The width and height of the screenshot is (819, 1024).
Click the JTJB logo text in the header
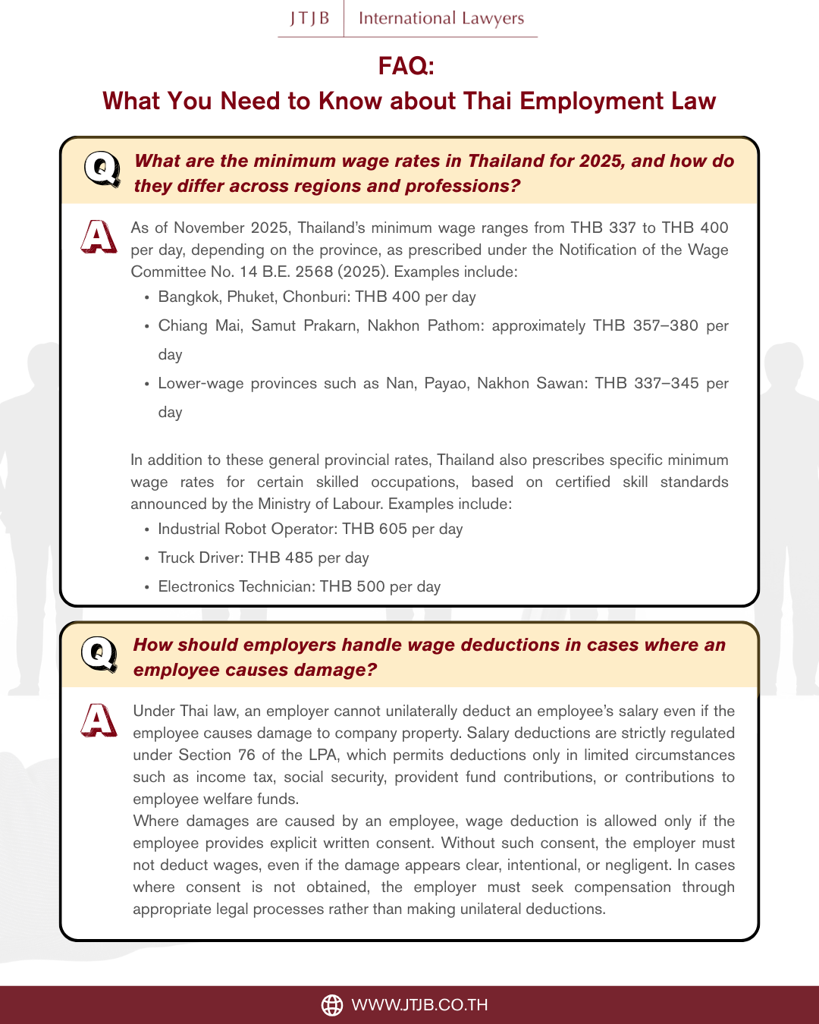(x=310, y=18)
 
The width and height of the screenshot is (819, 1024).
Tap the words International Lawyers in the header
(x=441, y=18)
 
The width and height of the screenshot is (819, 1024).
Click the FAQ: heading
(x=406, y=66)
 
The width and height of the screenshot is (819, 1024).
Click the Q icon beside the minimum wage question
(x=102, y=169)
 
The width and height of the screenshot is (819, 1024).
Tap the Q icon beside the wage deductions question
(x=99, y=654)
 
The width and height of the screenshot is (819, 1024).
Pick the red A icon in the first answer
(x=99, y=236)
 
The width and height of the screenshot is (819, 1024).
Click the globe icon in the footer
(x=332, y=1005)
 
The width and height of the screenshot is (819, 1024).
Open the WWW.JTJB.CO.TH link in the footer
(x=419, y=1005)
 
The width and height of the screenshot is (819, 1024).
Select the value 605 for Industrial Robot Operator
(x=393, y=529)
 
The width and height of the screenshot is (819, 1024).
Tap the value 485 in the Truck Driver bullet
(x=299, y=558)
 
